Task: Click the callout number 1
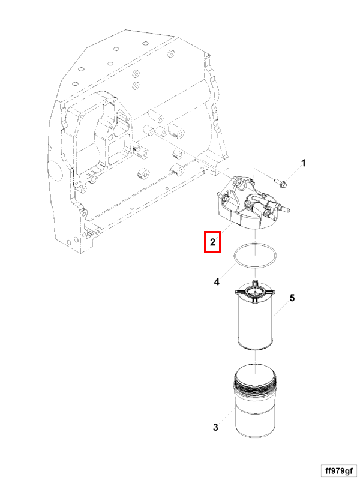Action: click(304, 163)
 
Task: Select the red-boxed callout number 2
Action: click(212, 242)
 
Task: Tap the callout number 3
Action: click(215, 427)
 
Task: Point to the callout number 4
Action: click(217, 281)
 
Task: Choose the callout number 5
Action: click(292, 298)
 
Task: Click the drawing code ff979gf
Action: click(339, 470)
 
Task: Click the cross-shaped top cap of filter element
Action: click(255, 292)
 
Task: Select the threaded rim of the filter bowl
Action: click(255, 386)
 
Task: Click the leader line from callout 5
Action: click(281, 308)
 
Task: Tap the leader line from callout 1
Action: click(292, 174)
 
